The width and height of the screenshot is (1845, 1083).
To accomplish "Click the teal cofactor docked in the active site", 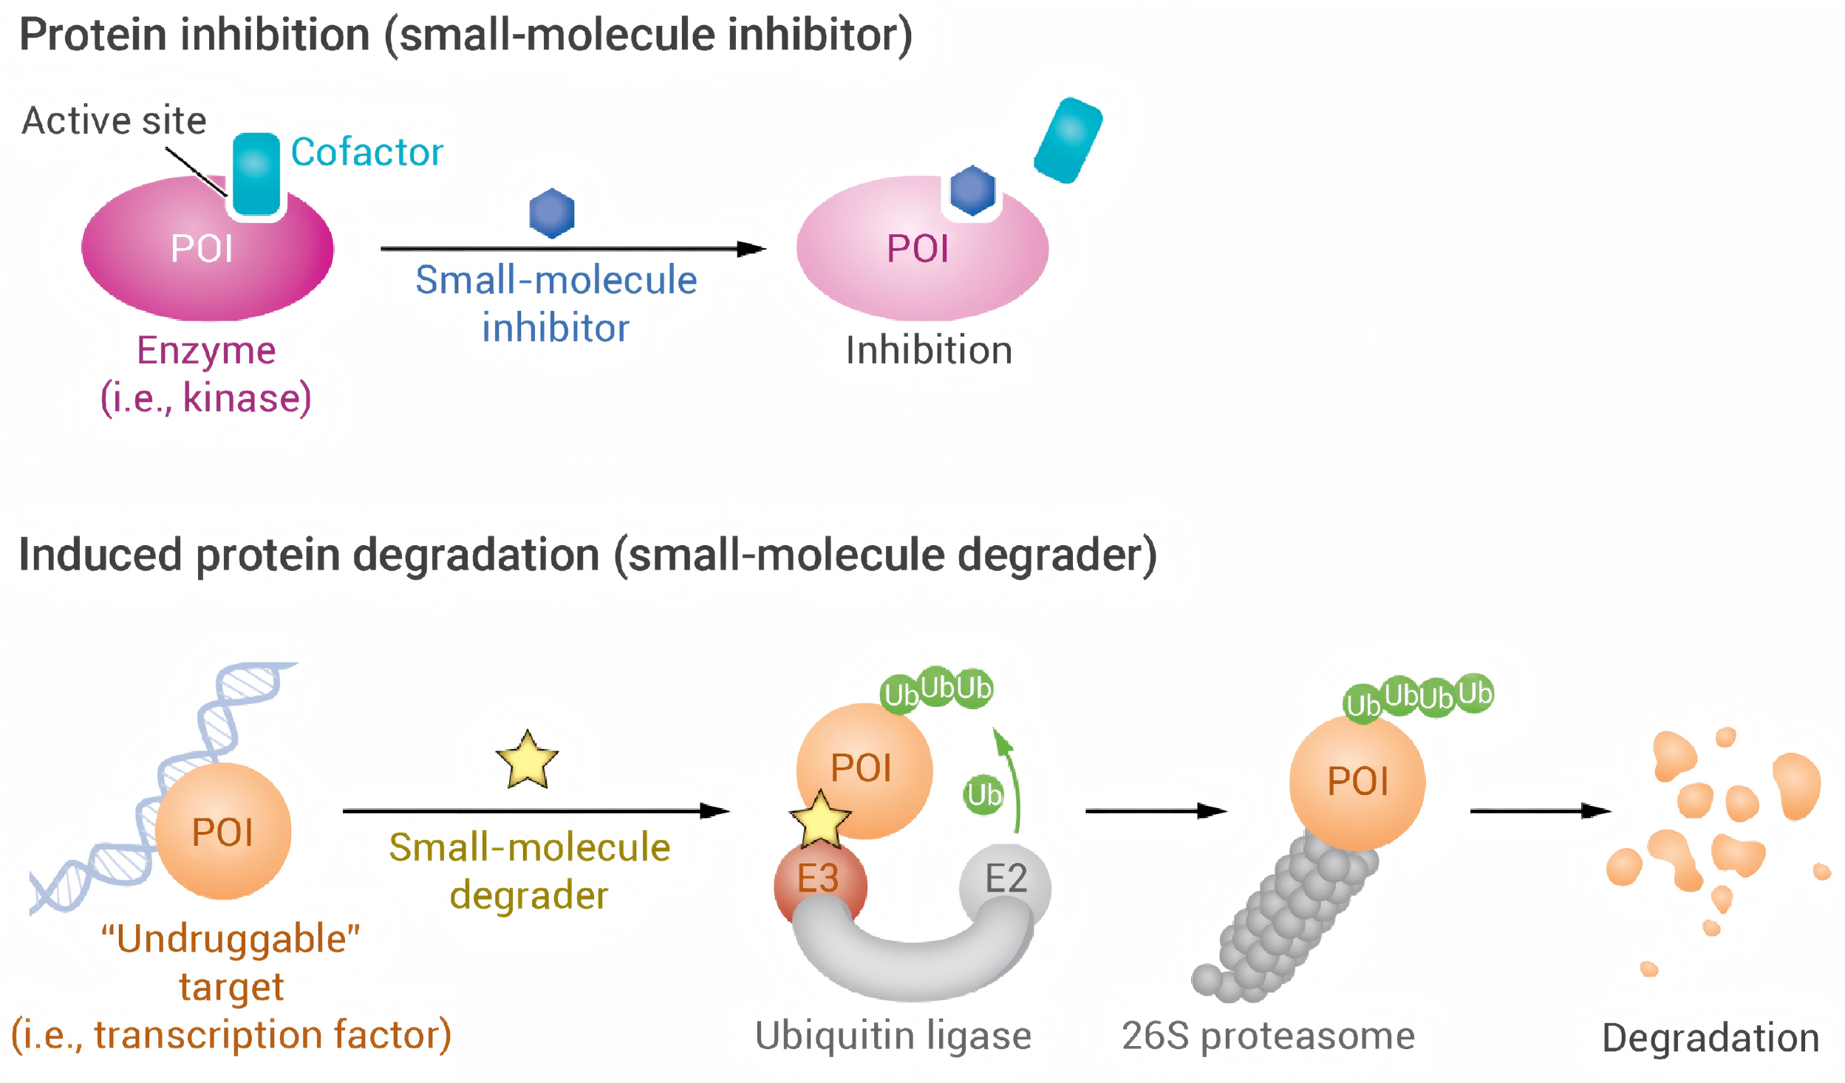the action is coord(256,174).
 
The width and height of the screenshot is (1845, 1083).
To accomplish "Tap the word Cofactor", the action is coord(367,152).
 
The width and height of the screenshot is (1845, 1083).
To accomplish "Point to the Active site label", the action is coord(114,120).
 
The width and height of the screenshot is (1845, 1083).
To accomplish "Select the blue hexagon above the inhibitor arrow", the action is coord(552,213).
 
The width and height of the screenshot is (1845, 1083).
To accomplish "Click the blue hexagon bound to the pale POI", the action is coord(972,191).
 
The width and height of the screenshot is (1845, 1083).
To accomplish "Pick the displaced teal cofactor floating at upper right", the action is coord(1068,140).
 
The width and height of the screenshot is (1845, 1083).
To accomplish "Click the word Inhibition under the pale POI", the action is coord(929,350).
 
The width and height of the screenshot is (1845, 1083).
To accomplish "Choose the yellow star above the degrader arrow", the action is coord(528,760).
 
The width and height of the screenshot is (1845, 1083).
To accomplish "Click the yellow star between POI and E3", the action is coord(820,819).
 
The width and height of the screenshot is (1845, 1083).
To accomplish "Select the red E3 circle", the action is coord(820,883).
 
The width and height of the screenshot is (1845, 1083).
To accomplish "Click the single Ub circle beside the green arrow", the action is coord(984,795).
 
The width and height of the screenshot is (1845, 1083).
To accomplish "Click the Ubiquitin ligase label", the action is coord(893,1036).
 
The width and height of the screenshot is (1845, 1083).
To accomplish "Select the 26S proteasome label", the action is coord(1269,1036).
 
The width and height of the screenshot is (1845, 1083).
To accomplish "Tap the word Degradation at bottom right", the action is coord(1711,1038).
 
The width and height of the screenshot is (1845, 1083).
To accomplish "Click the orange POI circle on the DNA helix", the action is coord(223,831).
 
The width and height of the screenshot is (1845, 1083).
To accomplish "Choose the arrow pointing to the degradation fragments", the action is coord(1541,811).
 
